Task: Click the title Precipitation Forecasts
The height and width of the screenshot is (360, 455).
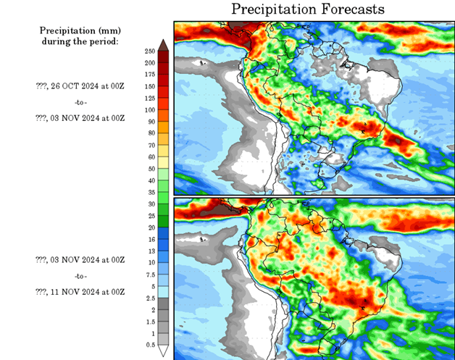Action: pos(308,9)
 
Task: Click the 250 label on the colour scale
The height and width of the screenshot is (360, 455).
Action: pos(149,51)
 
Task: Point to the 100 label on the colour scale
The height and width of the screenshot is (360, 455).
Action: pos(149,109)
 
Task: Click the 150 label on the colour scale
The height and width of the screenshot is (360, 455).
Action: pos(149,86)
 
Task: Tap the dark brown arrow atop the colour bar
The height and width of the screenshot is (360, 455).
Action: pos(164,45)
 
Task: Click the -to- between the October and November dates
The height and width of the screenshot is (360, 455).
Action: pos(80,101)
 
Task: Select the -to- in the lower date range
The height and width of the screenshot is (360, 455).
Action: pos(80,275)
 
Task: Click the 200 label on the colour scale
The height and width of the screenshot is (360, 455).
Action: pos(149,62)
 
